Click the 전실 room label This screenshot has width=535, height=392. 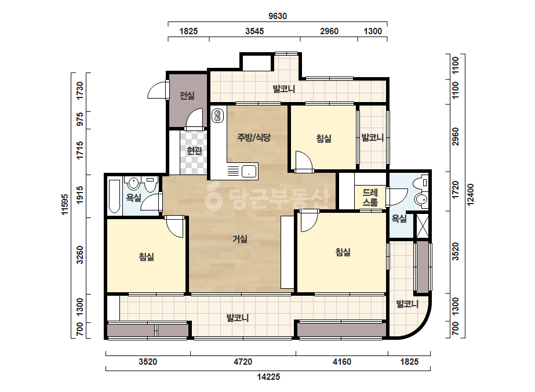pos(187,96)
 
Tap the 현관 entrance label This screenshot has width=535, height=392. pos(195,150)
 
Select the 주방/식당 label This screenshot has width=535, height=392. pos(254,137)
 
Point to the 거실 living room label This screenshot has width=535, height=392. pos(240,239)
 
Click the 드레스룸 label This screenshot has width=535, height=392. pos(370,197)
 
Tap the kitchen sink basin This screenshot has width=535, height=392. pos(249,170)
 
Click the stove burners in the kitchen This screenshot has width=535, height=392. pos(217,115)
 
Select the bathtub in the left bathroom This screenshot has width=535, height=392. pos(114,196)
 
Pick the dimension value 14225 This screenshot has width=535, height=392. pos(268,377)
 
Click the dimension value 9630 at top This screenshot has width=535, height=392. pos(278,16)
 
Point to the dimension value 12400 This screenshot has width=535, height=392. pos(471,195)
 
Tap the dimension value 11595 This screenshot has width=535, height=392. pos(65,204)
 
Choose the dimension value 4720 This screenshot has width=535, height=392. pos(243,362)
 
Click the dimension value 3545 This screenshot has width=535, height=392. pos(254,31)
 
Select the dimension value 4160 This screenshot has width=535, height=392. pos(342,362)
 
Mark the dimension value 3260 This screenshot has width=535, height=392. pos(80,255)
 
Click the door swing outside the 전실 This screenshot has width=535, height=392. pos(157,90)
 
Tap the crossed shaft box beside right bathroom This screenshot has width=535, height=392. pos(422,225)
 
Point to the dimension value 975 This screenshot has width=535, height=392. pos(80,119)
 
